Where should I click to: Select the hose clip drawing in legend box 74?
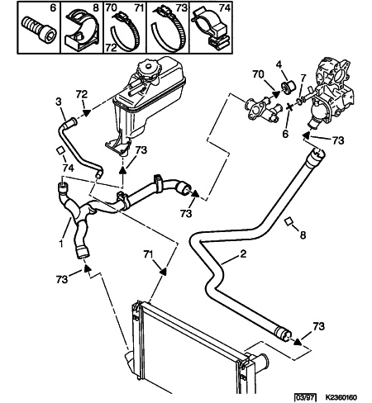coord(211,28)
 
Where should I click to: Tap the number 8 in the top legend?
coord(96,7)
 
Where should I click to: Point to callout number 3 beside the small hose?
coord(59,102)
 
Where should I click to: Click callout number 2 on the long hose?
coord(243,254)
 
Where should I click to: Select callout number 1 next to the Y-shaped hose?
coord(61,244)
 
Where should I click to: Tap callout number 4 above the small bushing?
coord(279,64)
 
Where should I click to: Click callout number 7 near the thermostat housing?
coord(303,78)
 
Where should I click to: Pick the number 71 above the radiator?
coord(148,254)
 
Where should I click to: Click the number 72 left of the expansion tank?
coord(82,94)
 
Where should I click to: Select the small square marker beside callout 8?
coord(289,221)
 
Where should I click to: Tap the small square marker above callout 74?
coord(60,151)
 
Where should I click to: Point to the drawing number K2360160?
coord(341,397)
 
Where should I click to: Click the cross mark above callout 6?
coord(289,107)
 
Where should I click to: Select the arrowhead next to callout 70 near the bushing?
coord(276,94)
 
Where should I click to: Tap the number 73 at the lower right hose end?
coord(319,326)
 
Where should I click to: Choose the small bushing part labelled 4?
coord(289,86)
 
